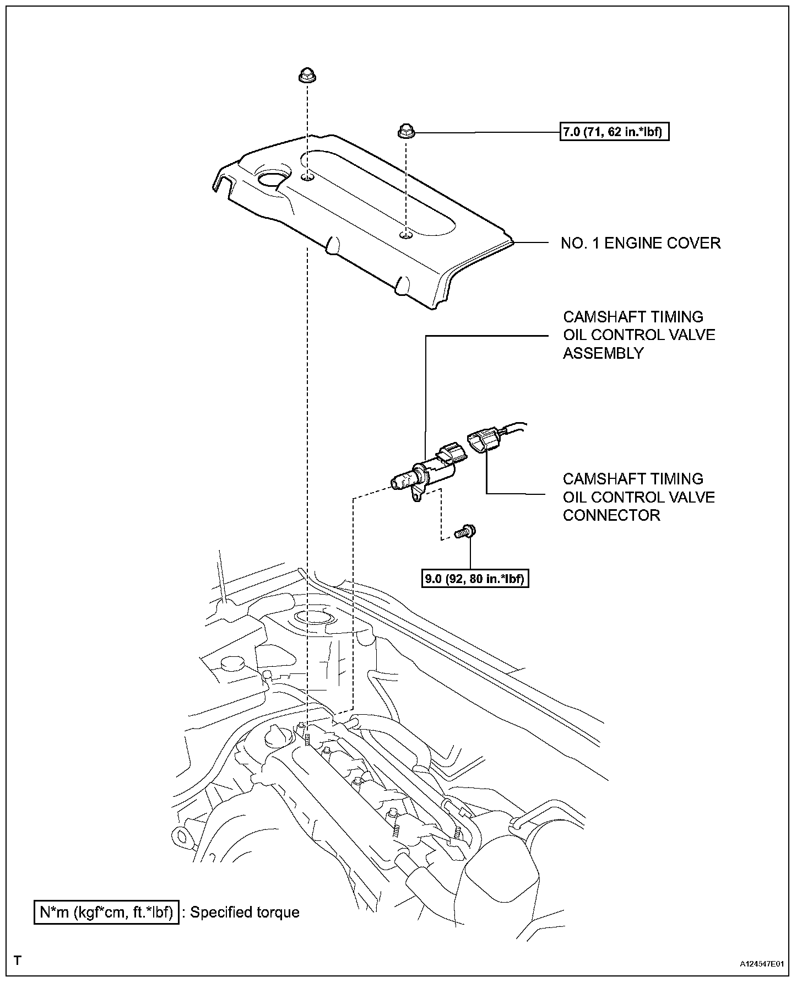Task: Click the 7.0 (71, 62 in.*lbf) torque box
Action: pyautogui.click(x=614, y=132)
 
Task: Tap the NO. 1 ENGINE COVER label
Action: pyautogui.click(x=641, y=243)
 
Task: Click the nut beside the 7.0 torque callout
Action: pyautogui.click(x=405, y=132)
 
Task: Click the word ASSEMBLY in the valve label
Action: pyautogui.click(x=603, y=353)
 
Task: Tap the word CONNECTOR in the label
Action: pyautogui.click(x=611, y=515)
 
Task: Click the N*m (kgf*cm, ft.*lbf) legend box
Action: pyautogui.click(x=106, y=912)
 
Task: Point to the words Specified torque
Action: pyautogui.click(x=245, y=912)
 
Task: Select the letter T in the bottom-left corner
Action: pyautogui.click(x=18, y=961)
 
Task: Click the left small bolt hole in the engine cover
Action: pyautogui.click(x=308, y=177)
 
